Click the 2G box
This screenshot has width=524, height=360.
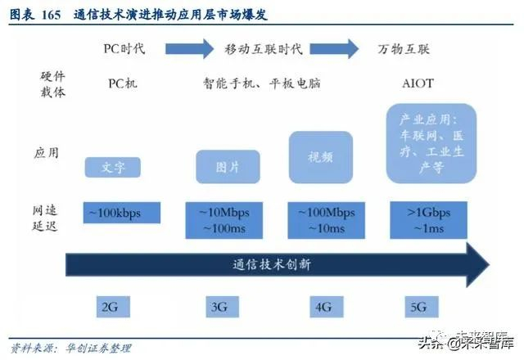(111, 308)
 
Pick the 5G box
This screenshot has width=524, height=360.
(419, 308)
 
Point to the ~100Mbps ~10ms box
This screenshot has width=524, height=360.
(327, 219)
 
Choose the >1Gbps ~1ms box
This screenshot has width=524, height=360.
(429, 219)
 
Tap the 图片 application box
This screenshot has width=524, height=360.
(227, 166)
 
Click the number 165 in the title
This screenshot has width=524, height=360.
(51, 16)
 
